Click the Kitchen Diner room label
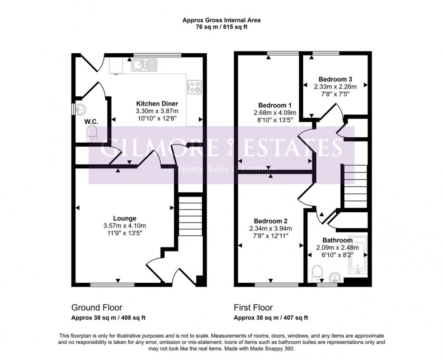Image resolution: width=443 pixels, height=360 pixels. click(157, 103)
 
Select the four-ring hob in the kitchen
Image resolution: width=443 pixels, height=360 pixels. click(194, 87)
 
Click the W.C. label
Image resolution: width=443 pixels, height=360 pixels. click(91, 122)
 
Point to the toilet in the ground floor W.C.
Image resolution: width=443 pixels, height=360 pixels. click(92, 134)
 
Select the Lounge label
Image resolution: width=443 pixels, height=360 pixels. click(125, 219)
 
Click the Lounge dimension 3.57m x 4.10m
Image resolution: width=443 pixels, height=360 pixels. click(125, 226)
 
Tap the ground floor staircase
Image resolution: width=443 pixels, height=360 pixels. click(190, 215)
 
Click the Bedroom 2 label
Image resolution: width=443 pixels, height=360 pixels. click(270, 221)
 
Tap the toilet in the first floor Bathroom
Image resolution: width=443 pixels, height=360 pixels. click(317, 272)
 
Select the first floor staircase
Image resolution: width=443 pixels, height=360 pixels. click(356, 186)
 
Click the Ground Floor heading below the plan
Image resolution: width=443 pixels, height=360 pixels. click(97, 308)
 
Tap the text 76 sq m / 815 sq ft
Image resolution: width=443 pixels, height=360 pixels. click(221, 27)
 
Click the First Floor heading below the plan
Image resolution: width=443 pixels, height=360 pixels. click(253, 308)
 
